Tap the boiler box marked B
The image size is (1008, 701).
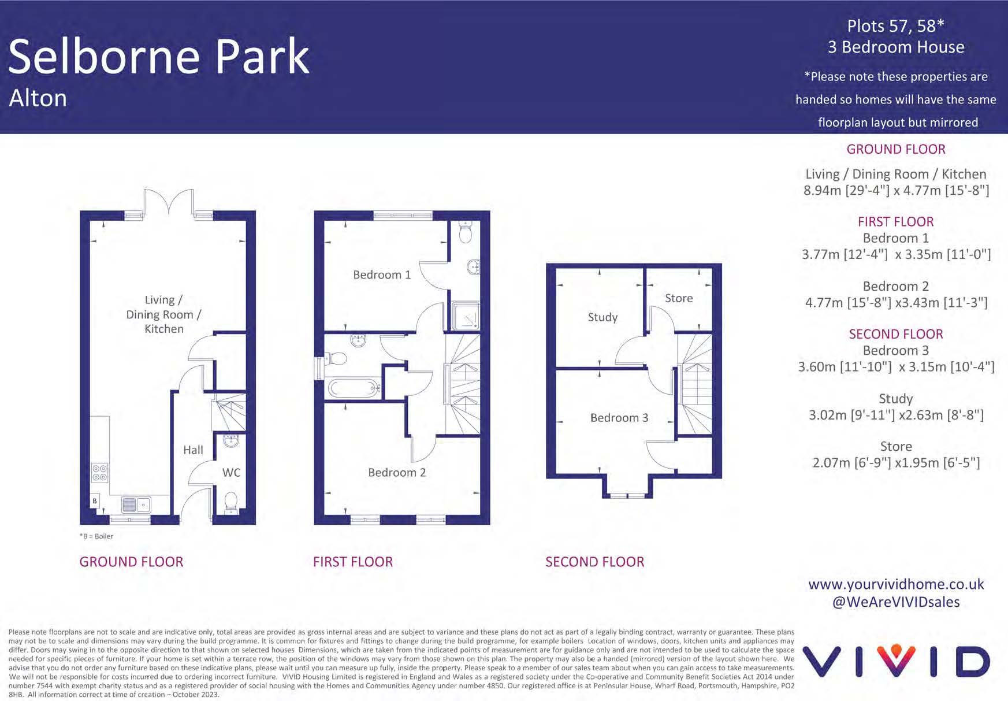point(95,501)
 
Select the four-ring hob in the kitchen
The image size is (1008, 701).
point(99,473)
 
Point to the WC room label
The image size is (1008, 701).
point(231,473)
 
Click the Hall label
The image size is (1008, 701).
point(193,450)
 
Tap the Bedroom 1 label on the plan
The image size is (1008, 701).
point(382,275)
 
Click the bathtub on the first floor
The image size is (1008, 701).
point(352,387)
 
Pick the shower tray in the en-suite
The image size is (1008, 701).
point(466,316)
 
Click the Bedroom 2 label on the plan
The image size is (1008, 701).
point(397,473)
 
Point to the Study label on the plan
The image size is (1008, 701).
point(602,317)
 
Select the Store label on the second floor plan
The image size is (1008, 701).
point(679,298)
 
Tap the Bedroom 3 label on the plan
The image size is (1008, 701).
point(619,418)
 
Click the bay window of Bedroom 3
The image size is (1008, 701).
point(627,495)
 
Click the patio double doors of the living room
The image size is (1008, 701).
point(168,202)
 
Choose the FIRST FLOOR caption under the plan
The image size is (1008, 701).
point(353,562)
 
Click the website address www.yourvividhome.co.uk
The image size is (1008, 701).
point(896,584)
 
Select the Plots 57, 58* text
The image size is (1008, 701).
point(895,26)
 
